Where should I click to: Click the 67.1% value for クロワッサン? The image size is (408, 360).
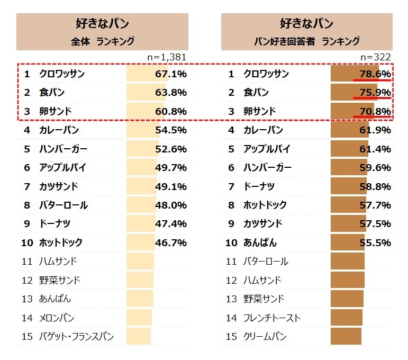[170, 74]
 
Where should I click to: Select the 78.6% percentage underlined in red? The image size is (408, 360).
[375, 74]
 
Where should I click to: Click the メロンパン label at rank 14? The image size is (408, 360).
[56, 318]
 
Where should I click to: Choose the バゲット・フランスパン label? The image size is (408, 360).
[76, 336]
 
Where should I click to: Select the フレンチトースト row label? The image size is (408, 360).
[271, 318]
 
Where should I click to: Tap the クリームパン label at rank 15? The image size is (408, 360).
[265, 336]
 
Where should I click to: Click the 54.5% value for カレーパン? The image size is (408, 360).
[170, 130]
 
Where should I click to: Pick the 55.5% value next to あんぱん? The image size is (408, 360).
[375, 243]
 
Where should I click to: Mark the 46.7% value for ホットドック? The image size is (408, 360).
[170, 243]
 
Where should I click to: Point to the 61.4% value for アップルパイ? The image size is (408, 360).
[375, 149]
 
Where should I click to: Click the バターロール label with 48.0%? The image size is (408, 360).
[64, 205]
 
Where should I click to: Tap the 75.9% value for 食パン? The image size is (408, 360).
[375, 93]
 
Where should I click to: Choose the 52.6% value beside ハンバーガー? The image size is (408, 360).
[170, 149]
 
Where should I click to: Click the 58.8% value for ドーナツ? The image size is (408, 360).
[375, 186]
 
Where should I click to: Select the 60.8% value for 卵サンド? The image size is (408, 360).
[170, 111]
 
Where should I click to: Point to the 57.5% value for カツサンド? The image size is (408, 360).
[375, 224]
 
